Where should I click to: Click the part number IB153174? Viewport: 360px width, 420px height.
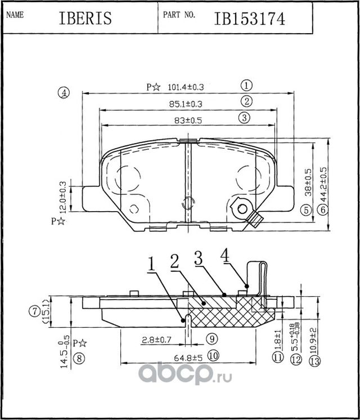click(249, 18)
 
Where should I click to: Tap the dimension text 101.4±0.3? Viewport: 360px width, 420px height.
click(186, 87)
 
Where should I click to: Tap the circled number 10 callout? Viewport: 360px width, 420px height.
click(212, 356)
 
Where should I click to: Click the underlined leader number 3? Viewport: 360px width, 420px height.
click(197, 259)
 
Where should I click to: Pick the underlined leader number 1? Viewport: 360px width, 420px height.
click(151, 262)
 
